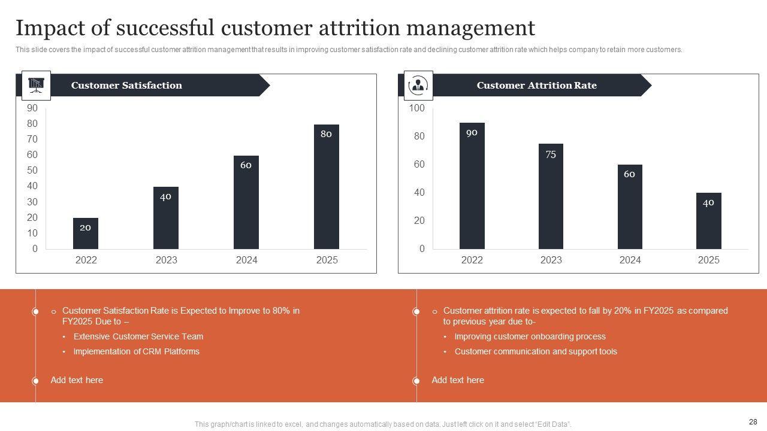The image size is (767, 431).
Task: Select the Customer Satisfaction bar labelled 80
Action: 326,187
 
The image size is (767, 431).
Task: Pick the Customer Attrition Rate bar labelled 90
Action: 472,186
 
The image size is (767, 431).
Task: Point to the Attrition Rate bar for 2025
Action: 708,221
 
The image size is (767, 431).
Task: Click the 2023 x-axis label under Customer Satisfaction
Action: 167,260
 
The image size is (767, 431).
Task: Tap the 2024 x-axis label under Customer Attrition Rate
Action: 630,260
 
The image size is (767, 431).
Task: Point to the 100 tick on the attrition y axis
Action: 416,108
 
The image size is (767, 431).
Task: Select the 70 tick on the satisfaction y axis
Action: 32,139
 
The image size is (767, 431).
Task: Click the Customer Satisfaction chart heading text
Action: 126,86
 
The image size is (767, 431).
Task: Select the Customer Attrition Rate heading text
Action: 536,86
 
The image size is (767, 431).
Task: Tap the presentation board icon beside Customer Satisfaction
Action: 36,86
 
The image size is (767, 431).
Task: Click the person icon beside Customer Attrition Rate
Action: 418,86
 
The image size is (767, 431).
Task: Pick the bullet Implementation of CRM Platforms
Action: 136,351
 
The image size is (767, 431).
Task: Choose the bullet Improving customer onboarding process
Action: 530,336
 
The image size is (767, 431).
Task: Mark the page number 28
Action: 753,421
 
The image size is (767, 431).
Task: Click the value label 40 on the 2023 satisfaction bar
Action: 165,196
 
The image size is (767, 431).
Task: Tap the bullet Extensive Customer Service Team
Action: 138,336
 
